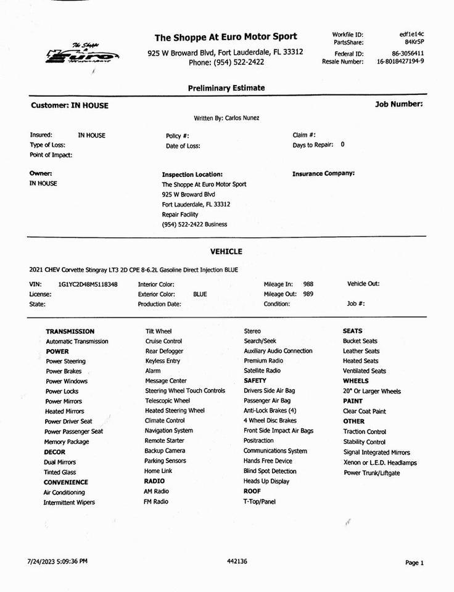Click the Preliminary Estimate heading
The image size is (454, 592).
click(226, 88)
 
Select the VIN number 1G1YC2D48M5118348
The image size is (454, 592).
click(88, 284)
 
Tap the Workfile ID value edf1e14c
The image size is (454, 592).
click(411, 34)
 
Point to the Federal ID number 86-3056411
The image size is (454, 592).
click(408, 53)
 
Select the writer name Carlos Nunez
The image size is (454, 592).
click(242, 118)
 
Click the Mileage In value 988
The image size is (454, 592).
click(308, 284)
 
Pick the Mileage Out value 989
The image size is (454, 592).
click(308, 294)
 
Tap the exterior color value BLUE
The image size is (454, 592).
click(200, 294)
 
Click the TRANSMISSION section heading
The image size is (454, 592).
click(70, 331)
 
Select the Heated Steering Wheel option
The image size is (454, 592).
click(175, 411)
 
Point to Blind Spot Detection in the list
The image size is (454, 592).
click(270, 471)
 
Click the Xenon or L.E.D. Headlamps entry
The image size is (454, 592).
click(380, 462)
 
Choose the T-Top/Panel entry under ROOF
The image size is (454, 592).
click(259, 501)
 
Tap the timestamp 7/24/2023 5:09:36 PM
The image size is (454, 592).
click(57, 561)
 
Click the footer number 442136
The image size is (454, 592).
click(237, 561)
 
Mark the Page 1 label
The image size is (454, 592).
click(415, 562)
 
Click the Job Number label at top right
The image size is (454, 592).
click(398, 104)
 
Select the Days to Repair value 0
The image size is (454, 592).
click(342, 144)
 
